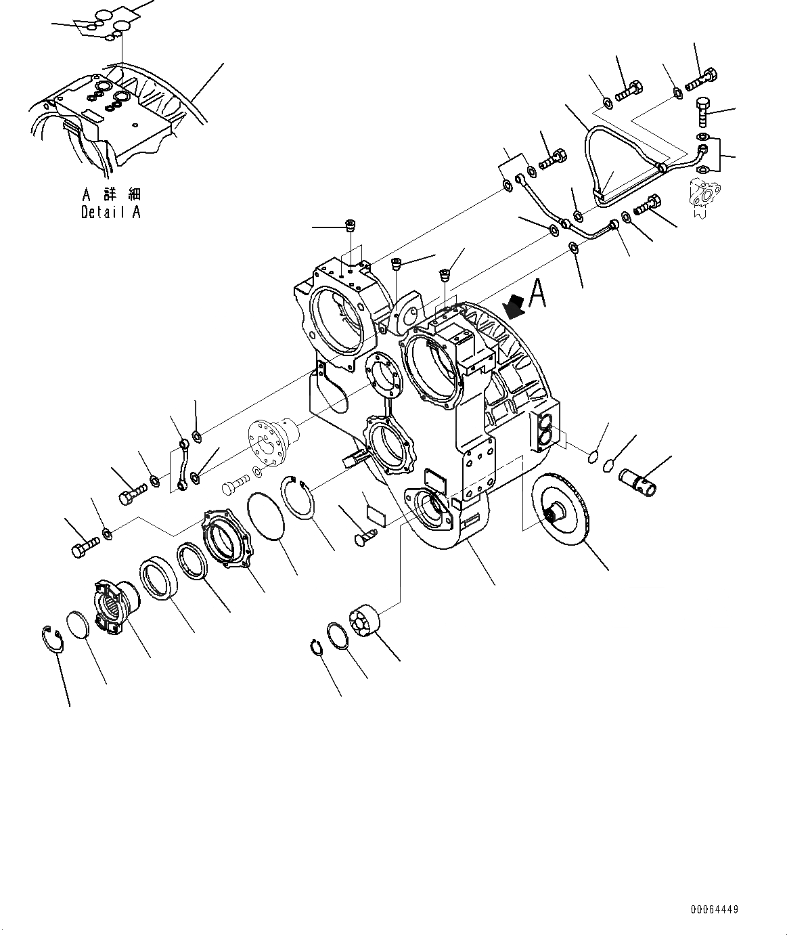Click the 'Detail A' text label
click(111, 212)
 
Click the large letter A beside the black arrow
click(537, 295)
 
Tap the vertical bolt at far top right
click(703, 113)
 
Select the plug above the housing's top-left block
click(351, 226)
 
